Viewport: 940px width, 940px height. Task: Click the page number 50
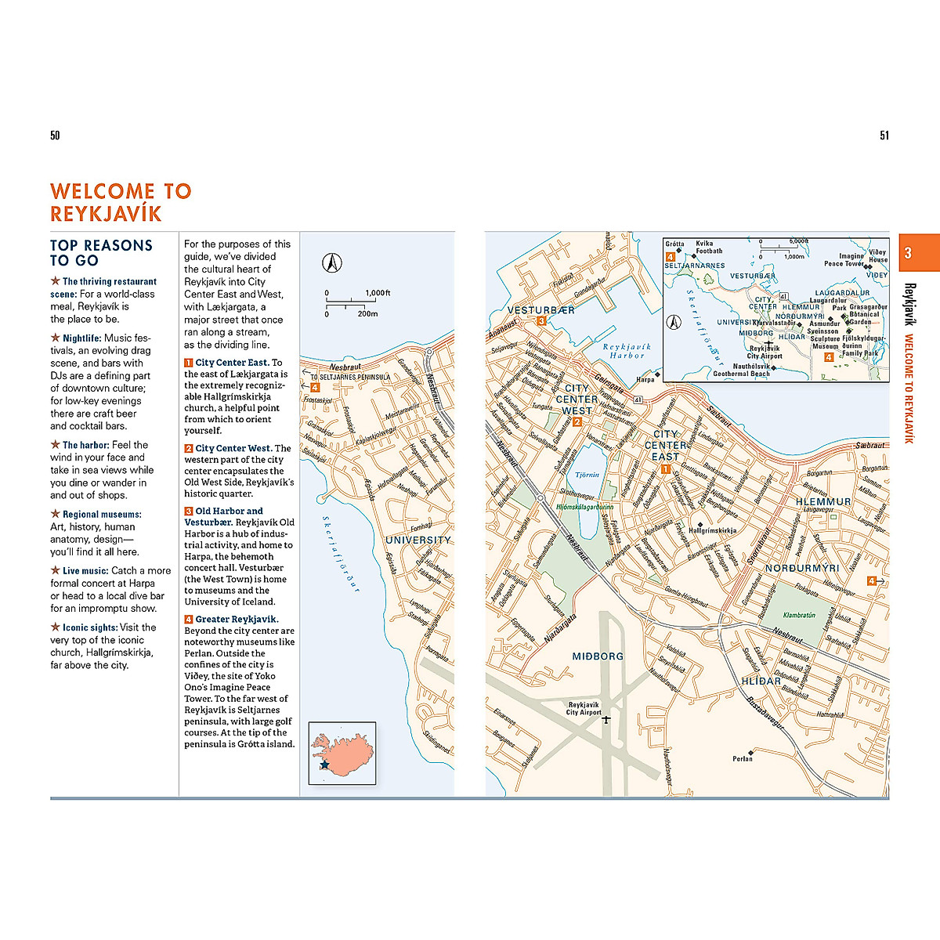[x=55, y=136]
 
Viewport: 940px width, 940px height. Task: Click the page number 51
[x=884, y=136]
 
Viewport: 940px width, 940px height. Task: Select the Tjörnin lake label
[x=587, y=475]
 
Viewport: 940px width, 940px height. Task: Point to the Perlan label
[x=743, y=758]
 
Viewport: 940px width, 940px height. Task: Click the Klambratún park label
[x=799, y=615]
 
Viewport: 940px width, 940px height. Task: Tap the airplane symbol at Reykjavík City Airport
[x=606, y=719]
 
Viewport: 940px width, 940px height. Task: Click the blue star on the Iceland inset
[x=324, y=764]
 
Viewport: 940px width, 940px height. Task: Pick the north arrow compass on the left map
[x=333, y=263]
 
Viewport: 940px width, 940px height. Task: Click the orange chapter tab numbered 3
[x=908, y=253]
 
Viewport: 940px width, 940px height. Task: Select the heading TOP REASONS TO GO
[x=101, y=253]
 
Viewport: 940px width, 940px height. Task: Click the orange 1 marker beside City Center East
[x=665, y=469]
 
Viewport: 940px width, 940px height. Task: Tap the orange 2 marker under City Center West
[x=577, y=422]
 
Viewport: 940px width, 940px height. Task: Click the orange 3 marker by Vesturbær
[x=541, y=320]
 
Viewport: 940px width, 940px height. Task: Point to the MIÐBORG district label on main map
[x=598, y=656]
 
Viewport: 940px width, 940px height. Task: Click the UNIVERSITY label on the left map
[x=418, y=540]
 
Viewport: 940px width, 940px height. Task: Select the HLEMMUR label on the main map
[x=822, y=501]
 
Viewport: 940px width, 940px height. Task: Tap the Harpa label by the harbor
[x=645, y=379]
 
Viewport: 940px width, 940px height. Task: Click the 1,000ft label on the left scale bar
[x=378, y=293]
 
